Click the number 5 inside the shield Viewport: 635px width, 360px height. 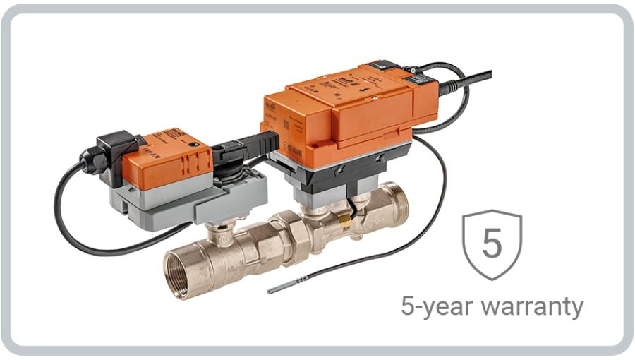click(x=491, y=242)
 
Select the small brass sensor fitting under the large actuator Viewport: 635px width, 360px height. click(x=344, y=222)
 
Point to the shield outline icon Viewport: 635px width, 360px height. click(x=491, y=244)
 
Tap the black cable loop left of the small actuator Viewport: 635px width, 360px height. click(x=67, y=212)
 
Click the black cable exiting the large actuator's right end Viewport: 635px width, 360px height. click(x=459, y=85)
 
